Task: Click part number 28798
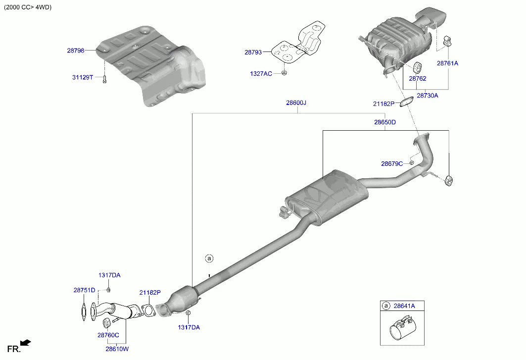click(76, 51)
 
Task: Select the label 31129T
click(83, 77)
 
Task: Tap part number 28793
click(253, 51)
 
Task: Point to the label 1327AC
click(261, 74)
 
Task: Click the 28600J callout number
click(296, 103)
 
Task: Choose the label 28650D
click(384, 121)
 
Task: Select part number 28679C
click(392, 163)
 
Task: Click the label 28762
click(417, 79)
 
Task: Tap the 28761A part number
click(447, 63)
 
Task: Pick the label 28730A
click(427, 96)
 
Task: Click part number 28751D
click(84, 290)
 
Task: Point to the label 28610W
click(117, 349)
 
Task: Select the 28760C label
click(108, 335)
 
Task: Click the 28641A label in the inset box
click(404, 306)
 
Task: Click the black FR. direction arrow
click(26, 343)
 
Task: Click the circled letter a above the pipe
click(209, 258)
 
